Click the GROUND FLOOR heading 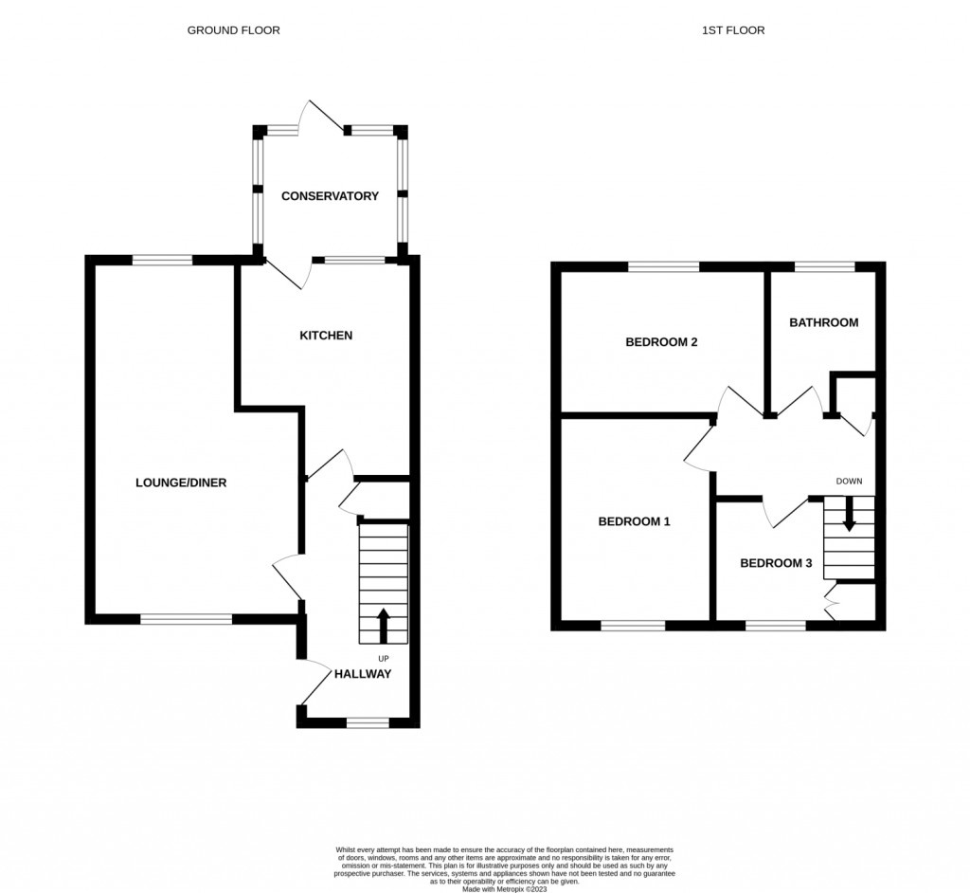tap(233, 30)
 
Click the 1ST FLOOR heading tap(732, 30)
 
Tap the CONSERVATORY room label tap(330, 196)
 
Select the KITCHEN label tap(326, 336)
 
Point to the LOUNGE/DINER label tap(181, 483)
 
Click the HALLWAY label tap(362, 674)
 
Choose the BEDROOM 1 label tap(635, 521)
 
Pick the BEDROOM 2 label tap(661, 342)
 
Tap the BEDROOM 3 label tap(776, 563)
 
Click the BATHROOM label tap(824, 322)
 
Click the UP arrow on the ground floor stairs tap(384, 625)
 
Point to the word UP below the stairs tap(384, 658)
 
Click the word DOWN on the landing tap(849, 482)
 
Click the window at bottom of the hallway tap(368, 723)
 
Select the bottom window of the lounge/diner tap(186, 620)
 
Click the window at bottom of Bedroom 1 tap(633, 626)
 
